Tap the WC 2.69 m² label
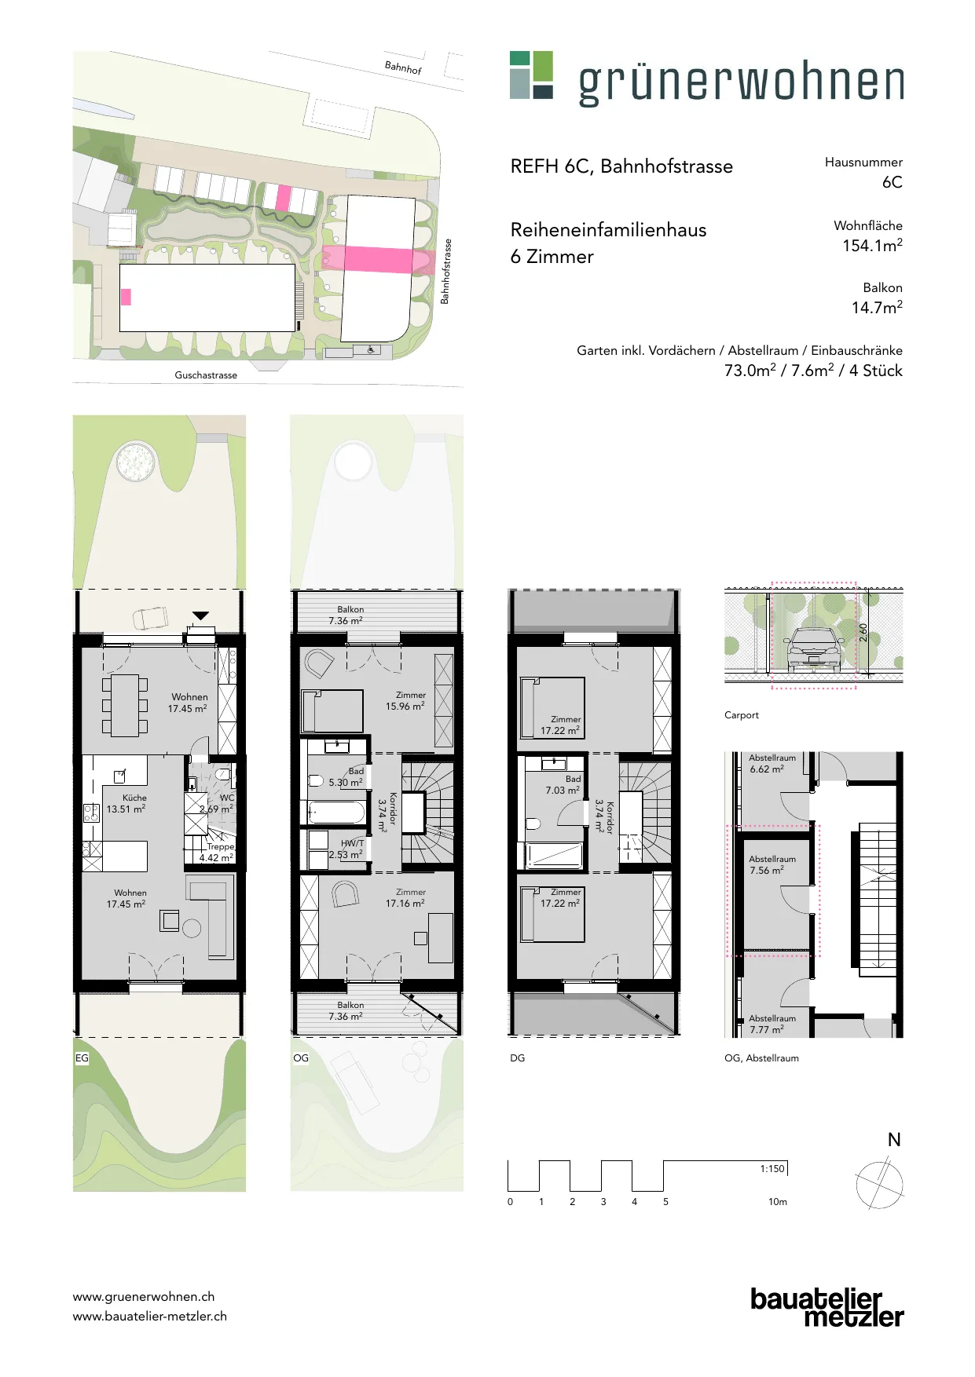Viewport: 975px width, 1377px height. click(217, 803)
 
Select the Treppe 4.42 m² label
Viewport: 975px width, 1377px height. click(217, 852)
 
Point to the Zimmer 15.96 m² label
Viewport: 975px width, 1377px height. click(405, 700)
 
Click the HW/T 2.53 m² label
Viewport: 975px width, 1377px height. click(346, 849)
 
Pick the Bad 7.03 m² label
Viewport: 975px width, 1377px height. click(563, 784)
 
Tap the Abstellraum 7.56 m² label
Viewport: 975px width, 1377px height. click(772, 864)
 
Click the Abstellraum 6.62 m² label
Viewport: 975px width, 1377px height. click(772, 763)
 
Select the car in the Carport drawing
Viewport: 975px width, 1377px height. click(814, 649)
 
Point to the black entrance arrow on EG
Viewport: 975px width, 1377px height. click(201, 615)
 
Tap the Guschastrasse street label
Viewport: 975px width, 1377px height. click(206, 375)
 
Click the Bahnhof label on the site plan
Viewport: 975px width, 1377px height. click(403, 68)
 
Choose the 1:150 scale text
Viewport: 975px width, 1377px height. click(772, 1168)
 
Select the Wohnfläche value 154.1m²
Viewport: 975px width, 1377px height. click(872, 246)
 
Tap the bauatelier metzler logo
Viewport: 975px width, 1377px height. click(827, 1307)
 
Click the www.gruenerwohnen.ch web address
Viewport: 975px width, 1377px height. click(144, 1297)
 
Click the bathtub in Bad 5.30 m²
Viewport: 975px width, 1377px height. click(336, 812)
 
